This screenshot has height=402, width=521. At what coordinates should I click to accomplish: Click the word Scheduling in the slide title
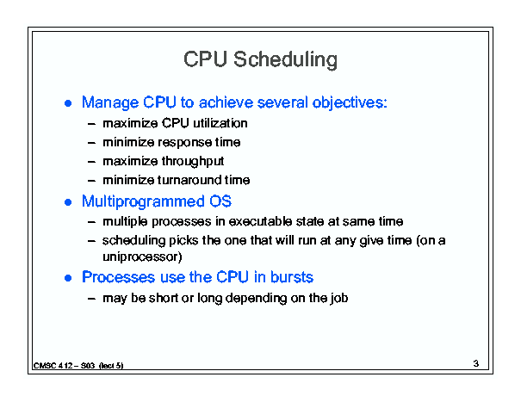[x=285, y=60]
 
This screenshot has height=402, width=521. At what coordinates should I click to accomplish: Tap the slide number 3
[x=476, y=363]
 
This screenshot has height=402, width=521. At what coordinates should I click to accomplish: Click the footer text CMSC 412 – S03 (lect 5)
[x=78, y=366]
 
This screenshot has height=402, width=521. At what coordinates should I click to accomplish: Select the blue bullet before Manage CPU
[x=68, y=103]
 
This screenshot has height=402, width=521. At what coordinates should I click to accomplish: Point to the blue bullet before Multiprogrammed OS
[x=68, y=202]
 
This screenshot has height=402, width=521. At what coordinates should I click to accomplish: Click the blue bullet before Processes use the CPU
[x=68, y=278]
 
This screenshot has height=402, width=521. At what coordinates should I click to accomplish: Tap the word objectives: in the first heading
[x=350, y=103]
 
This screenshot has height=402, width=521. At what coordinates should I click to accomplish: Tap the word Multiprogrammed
[x=143, y=202]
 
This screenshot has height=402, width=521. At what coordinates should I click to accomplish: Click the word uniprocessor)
[x=142, y=257]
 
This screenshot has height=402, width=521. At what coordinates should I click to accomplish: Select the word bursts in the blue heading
[x=292, y=277]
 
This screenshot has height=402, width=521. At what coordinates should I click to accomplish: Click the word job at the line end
[x=339, y=299]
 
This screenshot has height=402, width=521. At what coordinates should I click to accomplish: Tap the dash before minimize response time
[x=91, y=143]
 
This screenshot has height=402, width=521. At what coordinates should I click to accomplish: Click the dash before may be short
[x=91, y=299]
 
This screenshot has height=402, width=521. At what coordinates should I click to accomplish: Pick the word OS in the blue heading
[x=220, y=201]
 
